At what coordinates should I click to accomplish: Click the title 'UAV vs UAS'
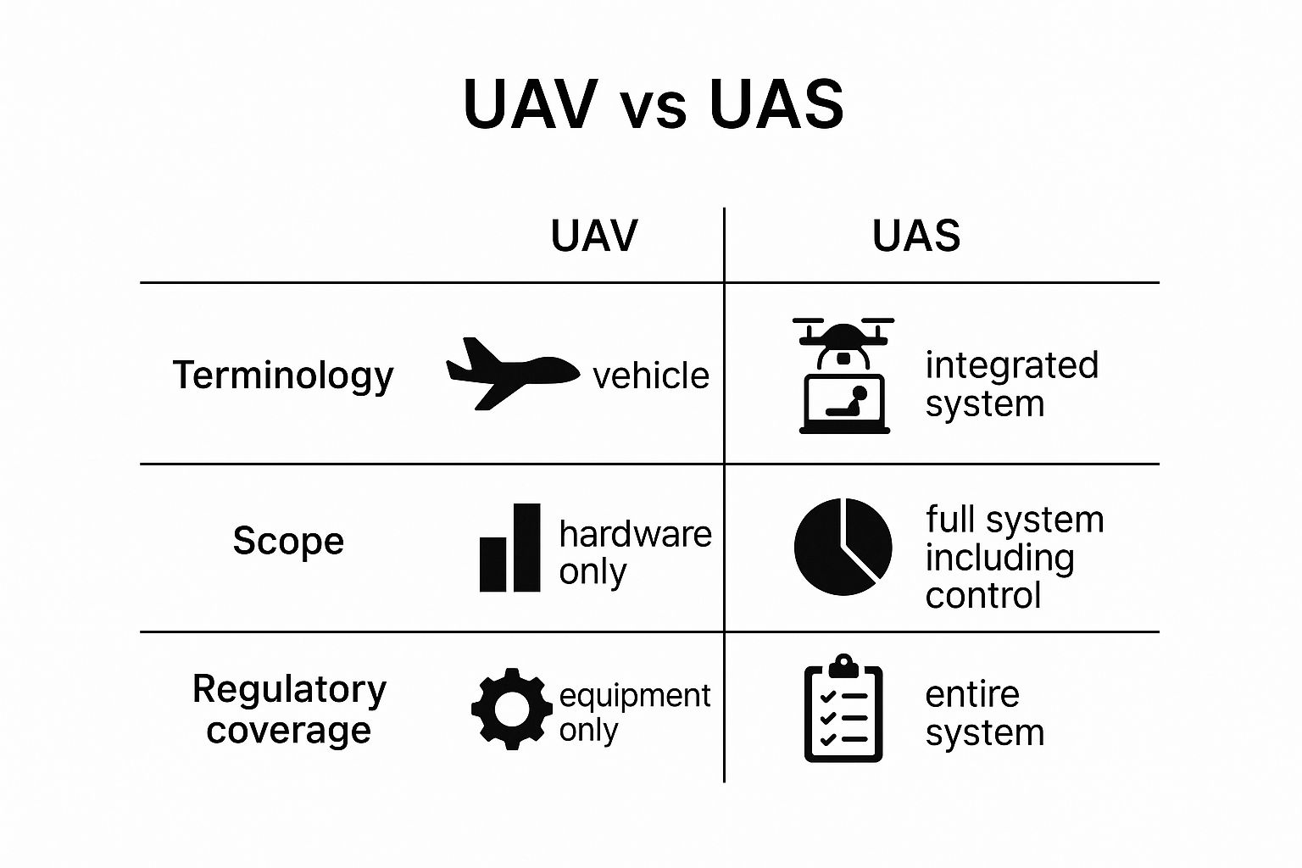(653, 104)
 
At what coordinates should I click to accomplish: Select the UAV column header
(593, 236)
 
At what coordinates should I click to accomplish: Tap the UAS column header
(916, 236)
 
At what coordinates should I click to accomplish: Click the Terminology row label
(283, 375)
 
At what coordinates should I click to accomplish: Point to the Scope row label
(288, 541)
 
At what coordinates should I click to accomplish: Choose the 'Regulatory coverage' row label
(289, 709)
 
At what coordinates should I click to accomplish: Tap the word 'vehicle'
(651, 376)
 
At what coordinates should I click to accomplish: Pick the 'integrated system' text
(1010, 384)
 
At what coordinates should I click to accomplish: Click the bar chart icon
(509, 548)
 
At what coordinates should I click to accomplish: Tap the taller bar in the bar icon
(526, 548)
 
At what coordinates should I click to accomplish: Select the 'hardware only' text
(634, 553)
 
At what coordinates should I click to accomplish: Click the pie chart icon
(843, 547)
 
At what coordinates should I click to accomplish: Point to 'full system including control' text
(1014, 557)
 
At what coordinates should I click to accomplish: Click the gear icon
(511, 709)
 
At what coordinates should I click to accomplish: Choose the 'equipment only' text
(633, 712)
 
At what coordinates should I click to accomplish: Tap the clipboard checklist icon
(843, 709)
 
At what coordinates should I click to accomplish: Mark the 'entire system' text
(983, 713)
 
